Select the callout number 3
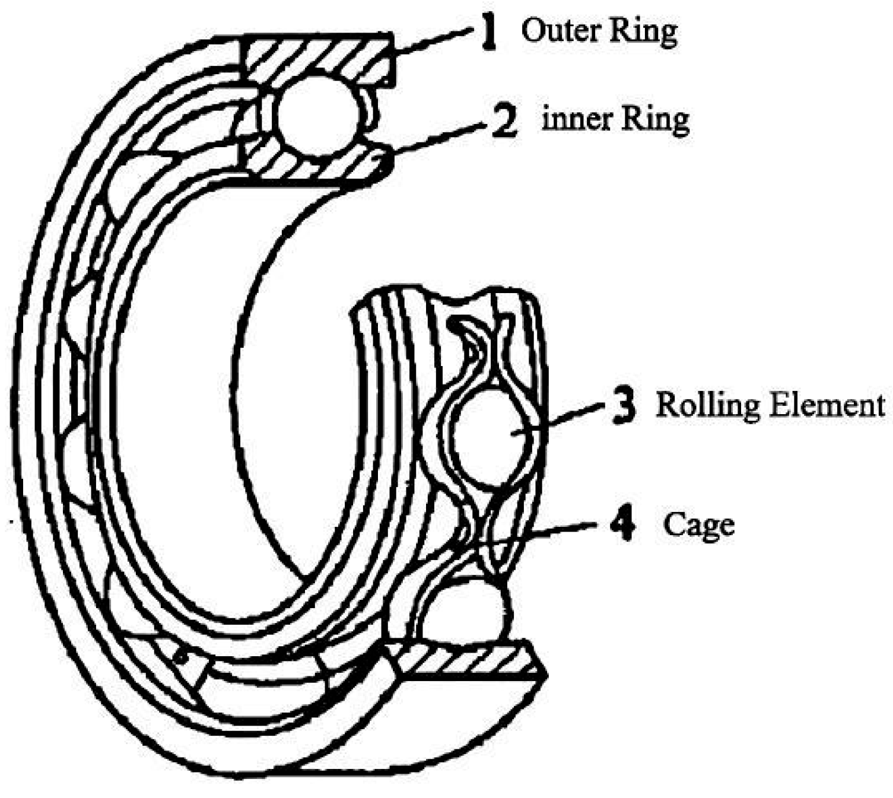tap(623, 405)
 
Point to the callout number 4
tap(622, 524)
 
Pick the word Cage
tap(698, 525)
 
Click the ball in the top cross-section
tap(313, 116)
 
